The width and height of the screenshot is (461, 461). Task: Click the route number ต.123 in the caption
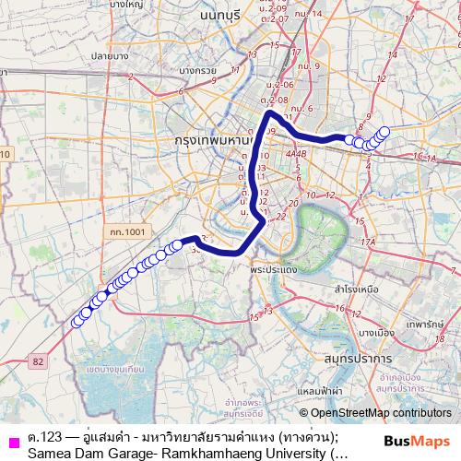click(x=43, y=435)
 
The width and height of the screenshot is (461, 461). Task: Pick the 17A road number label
click(x=369, y=242)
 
